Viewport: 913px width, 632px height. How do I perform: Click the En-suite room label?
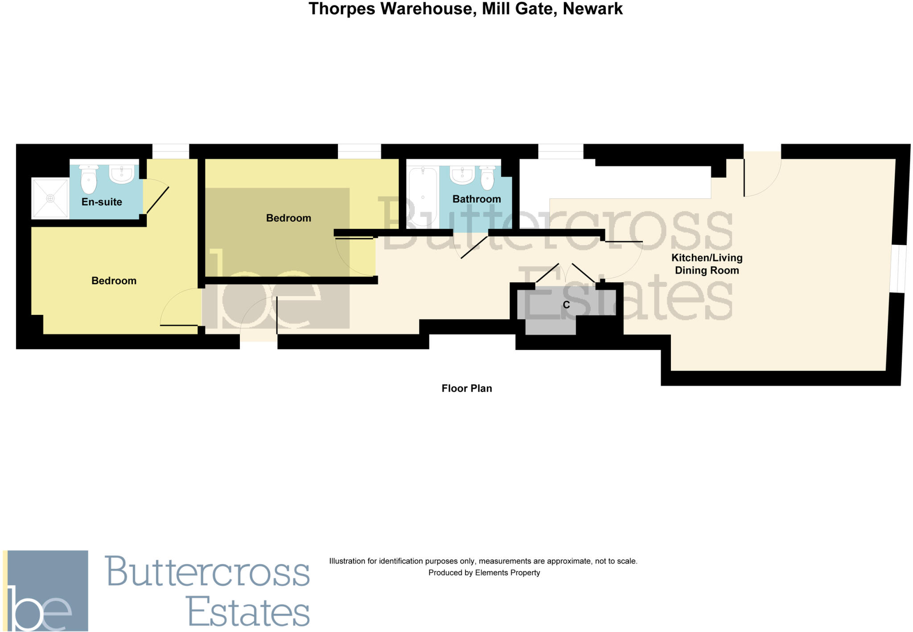102,202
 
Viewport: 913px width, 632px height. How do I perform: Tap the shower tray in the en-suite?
50,198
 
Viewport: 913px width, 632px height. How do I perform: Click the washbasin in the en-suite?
121,174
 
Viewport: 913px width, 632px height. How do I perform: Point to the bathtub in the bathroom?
422,196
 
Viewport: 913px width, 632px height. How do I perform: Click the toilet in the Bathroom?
488,178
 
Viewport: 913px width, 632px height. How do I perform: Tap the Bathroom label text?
476,199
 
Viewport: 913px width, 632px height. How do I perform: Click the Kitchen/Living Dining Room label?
707,264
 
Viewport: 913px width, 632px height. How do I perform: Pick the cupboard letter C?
566,305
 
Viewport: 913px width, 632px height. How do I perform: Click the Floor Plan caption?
466,388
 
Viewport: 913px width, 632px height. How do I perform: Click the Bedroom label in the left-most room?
114,281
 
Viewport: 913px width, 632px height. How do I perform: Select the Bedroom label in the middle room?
288,218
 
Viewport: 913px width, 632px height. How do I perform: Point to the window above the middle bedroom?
359,151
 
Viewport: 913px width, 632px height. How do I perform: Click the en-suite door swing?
156,196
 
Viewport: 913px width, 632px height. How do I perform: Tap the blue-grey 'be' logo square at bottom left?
46,590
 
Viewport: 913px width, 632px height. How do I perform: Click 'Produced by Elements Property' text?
484,573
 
